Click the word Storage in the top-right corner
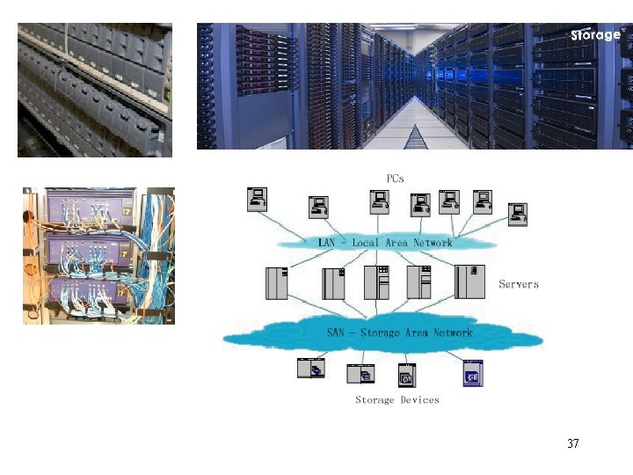click(595, 35)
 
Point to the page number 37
click(573, 443)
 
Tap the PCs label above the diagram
click(396, 179)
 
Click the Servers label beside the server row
click(519, 284)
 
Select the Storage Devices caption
click(397, 400)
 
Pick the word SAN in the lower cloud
click(336, 333)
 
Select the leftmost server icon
click(277, 283)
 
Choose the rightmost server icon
click(470, 281)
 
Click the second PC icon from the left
click(318, 208)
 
